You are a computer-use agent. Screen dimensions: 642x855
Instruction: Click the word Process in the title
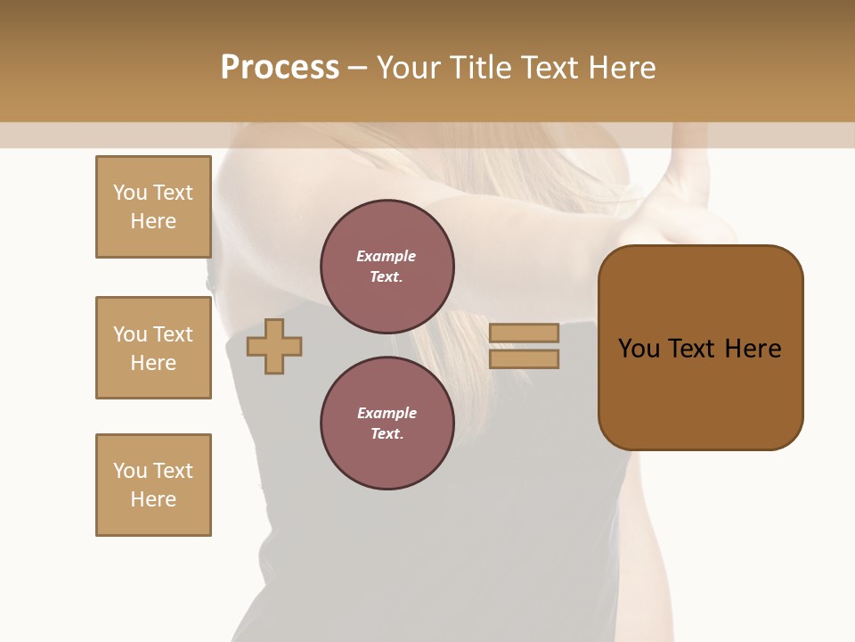280,68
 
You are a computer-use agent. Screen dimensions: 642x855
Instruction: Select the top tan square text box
153,207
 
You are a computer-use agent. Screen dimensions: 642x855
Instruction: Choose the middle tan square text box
153,348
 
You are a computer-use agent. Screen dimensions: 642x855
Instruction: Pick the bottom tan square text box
153,485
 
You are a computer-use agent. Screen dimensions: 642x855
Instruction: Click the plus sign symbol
274,347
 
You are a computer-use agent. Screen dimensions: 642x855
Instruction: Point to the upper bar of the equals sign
525,333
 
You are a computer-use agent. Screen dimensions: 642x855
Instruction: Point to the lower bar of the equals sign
525,358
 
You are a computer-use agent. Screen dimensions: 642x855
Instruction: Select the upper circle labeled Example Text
387,267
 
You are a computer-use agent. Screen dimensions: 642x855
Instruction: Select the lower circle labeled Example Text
387,424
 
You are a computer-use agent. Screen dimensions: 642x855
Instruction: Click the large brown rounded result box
700,347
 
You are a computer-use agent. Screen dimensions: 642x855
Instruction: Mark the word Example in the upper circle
387,256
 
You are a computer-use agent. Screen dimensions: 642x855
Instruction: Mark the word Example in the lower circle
387,413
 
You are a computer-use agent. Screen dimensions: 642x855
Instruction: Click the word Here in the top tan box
153,221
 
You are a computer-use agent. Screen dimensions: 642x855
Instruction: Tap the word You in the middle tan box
130,334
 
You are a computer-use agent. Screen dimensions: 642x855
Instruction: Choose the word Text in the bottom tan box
173,471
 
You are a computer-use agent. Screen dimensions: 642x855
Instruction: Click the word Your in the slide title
410,68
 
